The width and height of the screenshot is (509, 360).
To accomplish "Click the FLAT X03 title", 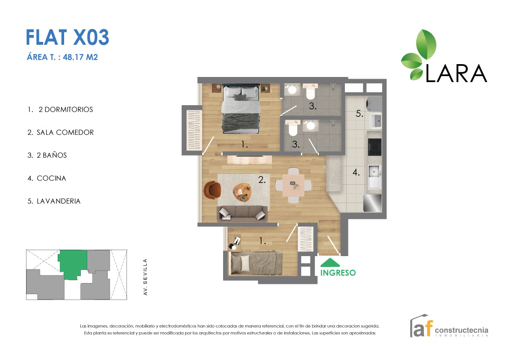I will click(68, 37).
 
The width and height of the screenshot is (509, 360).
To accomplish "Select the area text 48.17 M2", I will click(80, 57).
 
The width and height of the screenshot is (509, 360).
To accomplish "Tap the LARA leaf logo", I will click(419, 55).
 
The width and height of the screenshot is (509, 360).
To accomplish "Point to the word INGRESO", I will click(338, 273).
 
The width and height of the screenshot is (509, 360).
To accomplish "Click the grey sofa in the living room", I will click(242, 213).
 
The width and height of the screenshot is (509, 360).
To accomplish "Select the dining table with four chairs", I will click(293, 185).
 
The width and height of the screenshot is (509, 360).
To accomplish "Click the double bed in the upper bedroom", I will click(241, 109).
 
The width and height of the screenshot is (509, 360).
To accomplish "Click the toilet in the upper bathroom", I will click(310, 92).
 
